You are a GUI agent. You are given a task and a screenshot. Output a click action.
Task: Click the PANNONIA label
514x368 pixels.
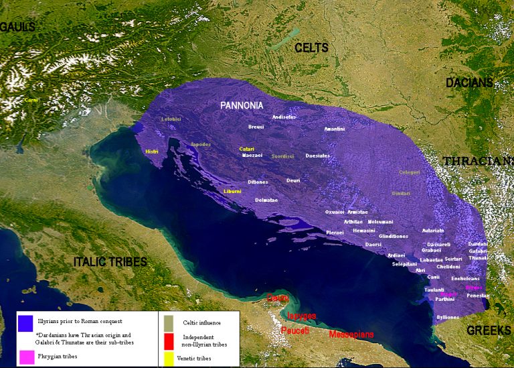point(242,105)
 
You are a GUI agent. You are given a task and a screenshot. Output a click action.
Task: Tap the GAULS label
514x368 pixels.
point(17,27)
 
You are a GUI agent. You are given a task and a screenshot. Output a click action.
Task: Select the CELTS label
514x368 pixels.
point(311,48)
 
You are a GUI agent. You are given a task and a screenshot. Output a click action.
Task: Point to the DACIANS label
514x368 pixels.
point(469,83)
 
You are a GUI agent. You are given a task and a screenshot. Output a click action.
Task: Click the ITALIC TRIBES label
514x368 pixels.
point(110,262)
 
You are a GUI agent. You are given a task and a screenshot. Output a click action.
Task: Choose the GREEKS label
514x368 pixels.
point(489,330)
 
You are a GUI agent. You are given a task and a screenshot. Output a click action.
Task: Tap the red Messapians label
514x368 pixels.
point(351,334)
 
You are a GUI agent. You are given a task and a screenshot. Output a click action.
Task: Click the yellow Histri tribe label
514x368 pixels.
point(152,151)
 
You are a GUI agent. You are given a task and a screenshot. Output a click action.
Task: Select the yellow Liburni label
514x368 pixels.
point(232,191)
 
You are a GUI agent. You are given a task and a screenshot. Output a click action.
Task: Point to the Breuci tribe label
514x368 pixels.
point(256,126)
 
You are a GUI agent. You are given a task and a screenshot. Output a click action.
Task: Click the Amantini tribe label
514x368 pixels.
point(334,129)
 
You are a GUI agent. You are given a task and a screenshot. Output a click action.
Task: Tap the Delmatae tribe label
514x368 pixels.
point(266,200)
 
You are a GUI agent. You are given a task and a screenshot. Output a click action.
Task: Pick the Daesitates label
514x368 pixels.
point(317,156)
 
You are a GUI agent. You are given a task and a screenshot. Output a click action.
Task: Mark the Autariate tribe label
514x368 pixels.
point(432,230)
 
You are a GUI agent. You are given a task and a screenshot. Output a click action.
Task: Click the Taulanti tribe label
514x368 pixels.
point(434,290)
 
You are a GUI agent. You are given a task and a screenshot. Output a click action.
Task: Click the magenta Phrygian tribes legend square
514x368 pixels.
point(26,357)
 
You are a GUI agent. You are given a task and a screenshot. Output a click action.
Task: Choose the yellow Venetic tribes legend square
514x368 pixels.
point(167,358)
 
